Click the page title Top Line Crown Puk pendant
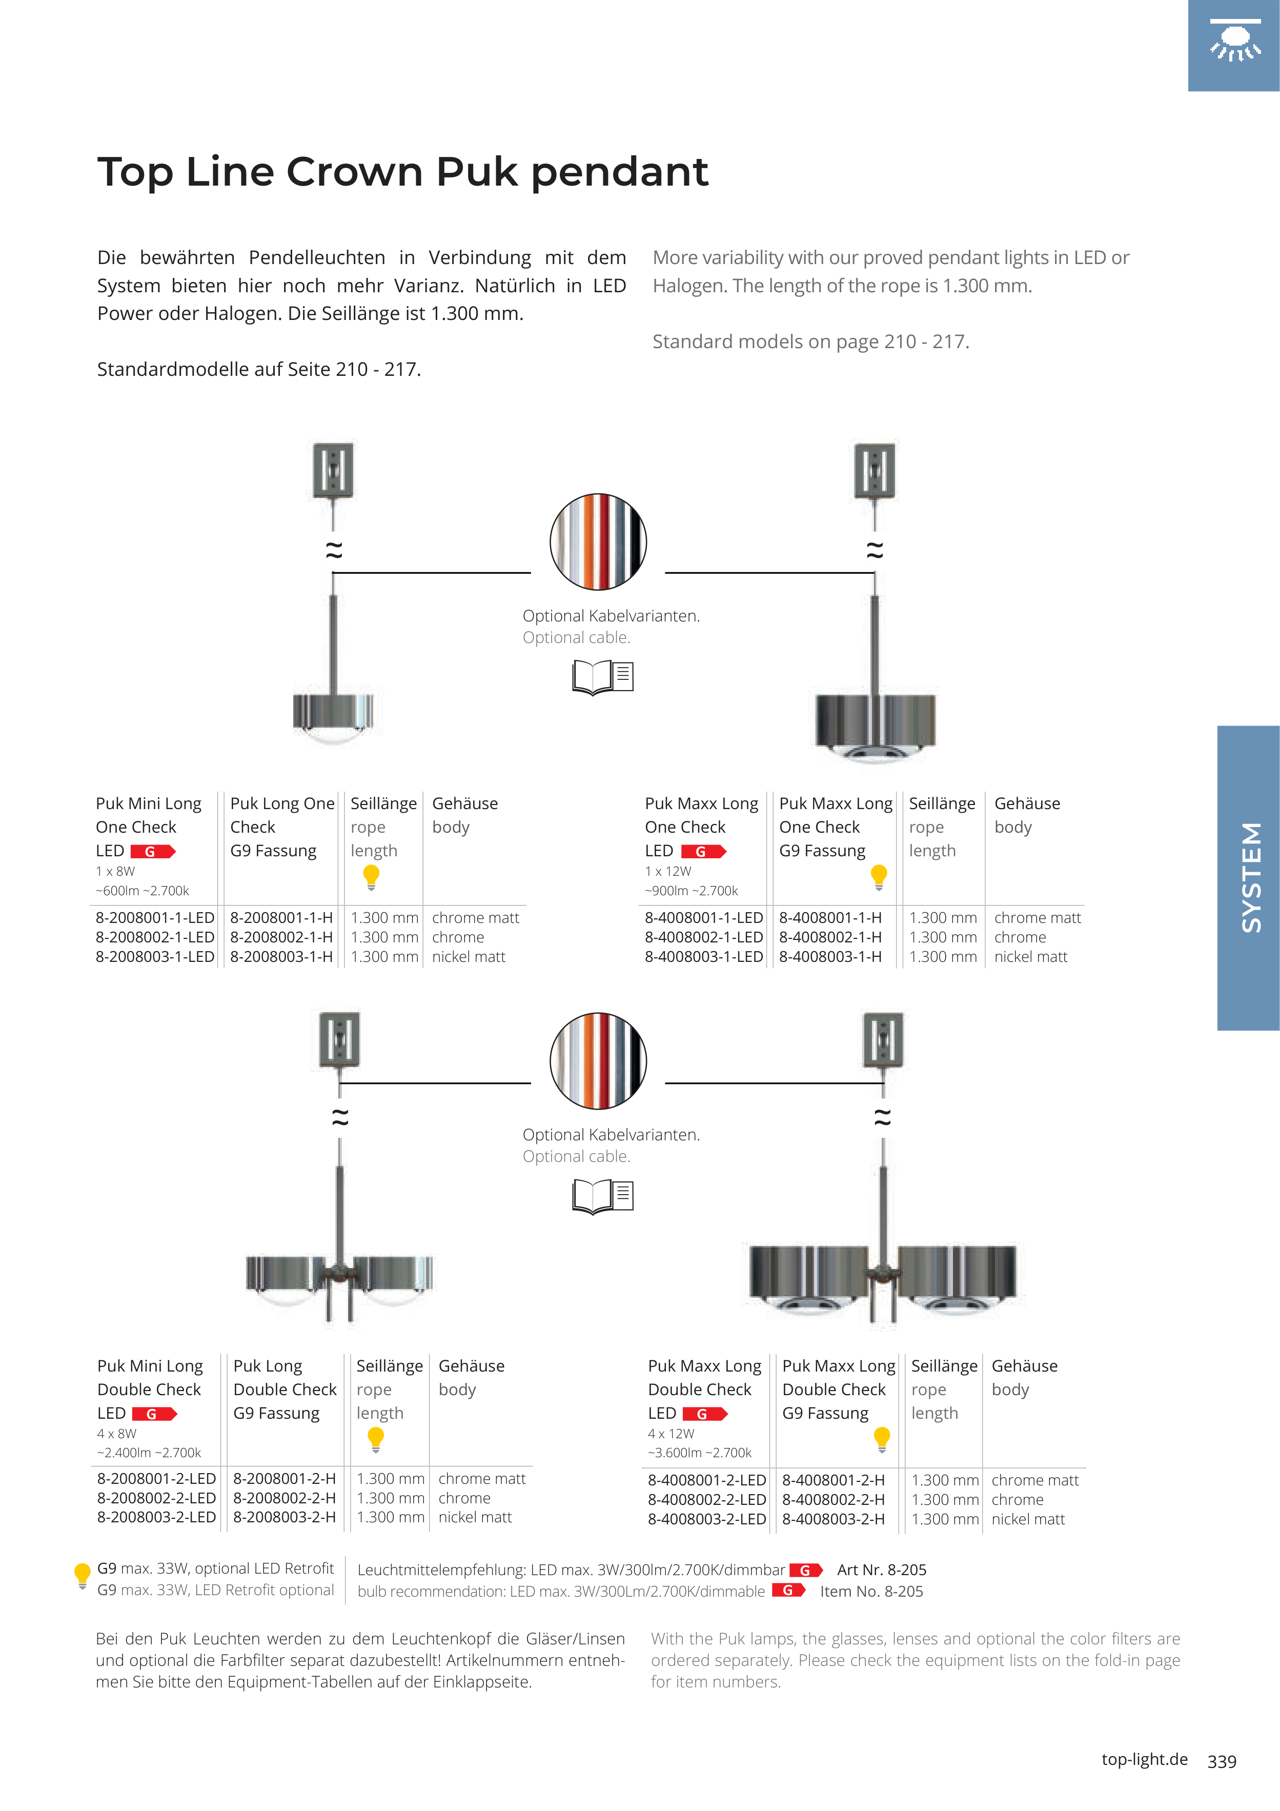click(402, 172)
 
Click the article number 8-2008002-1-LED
click(155, 937)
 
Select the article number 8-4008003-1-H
click(830, 957)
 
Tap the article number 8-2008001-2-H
click(284, 1479)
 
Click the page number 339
click(1222, 1761)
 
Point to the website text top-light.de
click(1144, 1759)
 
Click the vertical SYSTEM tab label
click(1251, 877)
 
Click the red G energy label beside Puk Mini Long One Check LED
click(152, 852)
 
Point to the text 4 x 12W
click(671, 1433)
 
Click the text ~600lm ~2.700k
click(142, 891)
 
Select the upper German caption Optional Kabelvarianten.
click(611, 616)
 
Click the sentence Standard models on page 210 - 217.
click(810, 341)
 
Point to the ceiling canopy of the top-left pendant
click(334, 471)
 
